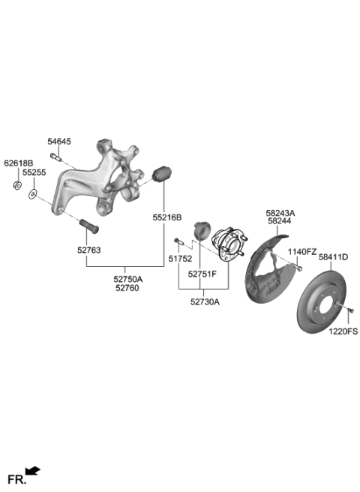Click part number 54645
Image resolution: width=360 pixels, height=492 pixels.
(x=59, y=141)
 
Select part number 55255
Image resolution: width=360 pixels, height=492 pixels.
(x=34, y=172)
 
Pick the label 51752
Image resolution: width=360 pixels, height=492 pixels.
(x=179, y=258)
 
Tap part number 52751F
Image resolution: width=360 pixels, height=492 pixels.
(x=202, y=274)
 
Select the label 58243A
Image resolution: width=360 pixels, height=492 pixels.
(x=280, y=213)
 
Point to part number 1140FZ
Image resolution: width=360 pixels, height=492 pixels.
(x=304, y=251)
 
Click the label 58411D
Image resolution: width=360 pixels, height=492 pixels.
(x=333, y=256)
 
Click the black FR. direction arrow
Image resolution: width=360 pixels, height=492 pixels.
(x=33, y=471)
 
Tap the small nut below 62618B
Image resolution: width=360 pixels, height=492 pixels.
(x=17, y=184)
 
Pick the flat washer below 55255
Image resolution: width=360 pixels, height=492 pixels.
(x=32, y=195)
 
